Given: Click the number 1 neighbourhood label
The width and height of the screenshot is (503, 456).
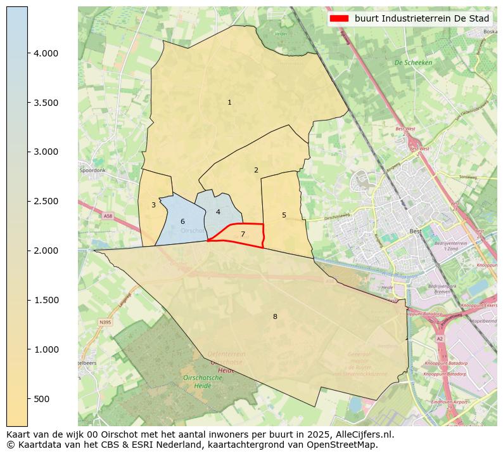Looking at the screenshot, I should point(229,103).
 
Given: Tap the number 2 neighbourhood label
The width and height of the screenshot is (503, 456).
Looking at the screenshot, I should point(256,170).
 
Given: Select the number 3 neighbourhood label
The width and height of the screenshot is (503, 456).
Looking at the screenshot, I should point(153,205).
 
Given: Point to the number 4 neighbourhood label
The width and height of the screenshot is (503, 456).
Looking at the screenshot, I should point(218,212).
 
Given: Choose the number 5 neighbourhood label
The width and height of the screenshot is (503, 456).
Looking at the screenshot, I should point(284,215).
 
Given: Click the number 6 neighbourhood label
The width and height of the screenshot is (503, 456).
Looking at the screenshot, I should point(182,221).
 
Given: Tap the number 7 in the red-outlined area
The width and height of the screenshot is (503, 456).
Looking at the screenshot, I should point(243,234).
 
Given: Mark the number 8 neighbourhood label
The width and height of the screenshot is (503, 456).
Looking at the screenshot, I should point(275,316).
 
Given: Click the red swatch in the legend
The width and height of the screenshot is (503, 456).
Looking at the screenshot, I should point(340,19).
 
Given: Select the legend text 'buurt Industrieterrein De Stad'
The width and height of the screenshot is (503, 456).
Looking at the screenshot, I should point(421,19).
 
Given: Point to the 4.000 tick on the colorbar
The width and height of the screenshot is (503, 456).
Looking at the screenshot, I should point(46,53).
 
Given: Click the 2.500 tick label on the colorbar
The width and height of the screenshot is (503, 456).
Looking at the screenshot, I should point(46,202).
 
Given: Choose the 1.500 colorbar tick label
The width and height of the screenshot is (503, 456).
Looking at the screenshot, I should point(46,300).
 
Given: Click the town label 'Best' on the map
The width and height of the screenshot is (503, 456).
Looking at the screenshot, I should point(416,231).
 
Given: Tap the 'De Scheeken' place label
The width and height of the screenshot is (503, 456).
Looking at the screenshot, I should point(413,63).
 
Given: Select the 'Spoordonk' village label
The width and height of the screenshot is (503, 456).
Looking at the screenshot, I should point(92,171).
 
